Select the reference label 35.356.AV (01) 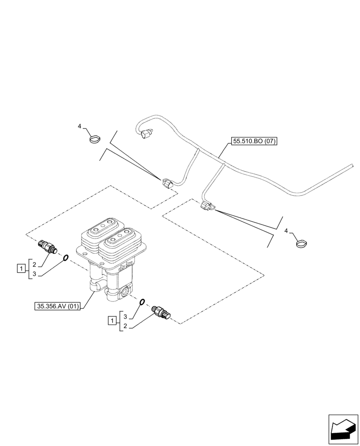(x=59, y=306)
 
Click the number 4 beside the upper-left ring (x=80, y=127)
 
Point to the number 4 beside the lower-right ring (x=286, y=231)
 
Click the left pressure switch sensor (x=46, y=245)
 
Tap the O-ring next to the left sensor (x=65, y=257)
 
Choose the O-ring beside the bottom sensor (x=141, y=301)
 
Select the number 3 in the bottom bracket (x=126, y=316)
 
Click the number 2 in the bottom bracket (x=126, y=327)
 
